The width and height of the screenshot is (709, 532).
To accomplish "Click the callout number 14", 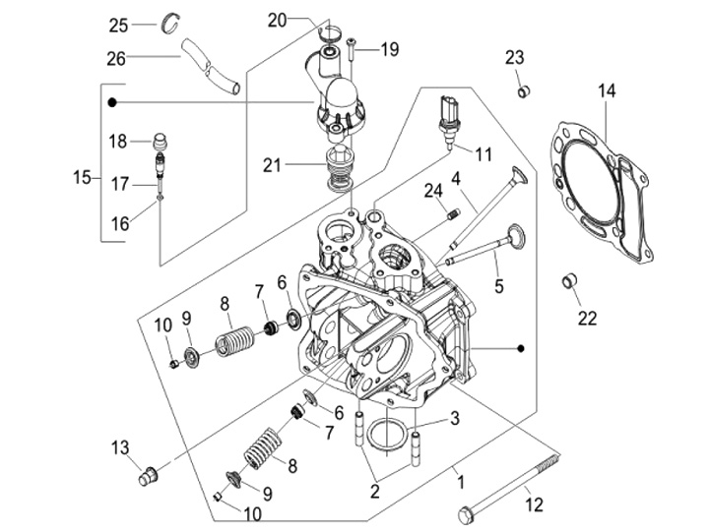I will pos(607,92).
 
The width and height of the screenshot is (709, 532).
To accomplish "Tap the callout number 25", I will pos(146,25).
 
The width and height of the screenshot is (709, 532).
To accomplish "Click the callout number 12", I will pos(534,505).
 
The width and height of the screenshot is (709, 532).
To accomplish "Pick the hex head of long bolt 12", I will pos(466,513).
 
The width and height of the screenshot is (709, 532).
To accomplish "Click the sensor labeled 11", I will pos(449,120).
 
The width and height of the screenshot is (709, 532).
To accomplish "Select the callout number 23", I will pos(514,57).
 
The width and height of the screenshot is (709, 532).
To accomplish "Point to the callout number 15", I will pos(82,178).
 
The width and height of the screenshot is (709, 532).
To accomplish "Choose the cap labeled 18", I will pos(163,140).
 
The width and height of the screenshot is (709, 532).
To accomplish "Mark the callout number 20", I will pos(277,20).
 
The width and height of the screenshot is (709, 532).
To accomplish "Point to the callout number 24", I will pos(430,190).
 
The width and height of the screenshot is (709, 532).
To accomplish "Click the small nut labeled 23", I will pos(524,92).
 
